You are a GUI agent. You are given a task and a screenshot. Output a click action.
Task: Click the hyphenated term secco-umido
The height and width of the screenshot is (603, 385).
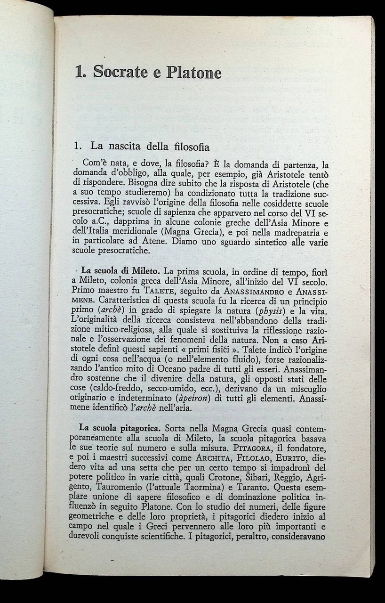coord(177,389)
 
